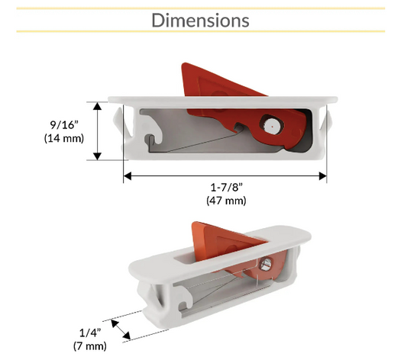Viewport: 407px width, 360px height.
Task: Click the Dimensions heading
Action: (x=200, y=21)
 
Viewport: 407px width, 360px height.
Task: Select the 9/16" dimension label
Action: (x=64, y=125)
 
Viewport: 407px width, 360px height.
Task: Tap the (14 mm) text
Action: (x=64, y=138)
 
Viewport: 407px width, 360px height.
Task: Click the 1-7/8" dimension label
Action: (x=226, y=188)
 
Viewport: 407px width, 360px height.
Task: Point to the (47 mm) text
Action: (x=226, y=201)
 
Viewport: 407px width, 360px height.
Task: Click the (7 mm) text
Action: (x=90, y=346)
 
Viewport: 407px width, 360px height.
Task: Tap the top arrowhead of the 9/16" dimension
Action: (x=97, y=106)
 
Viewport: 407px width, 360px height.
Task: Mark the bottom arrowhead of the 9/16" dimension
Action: (x=97, y=156)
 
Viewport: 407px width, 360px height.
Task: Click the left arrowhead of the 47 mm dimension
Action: (x=128, y=176)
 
